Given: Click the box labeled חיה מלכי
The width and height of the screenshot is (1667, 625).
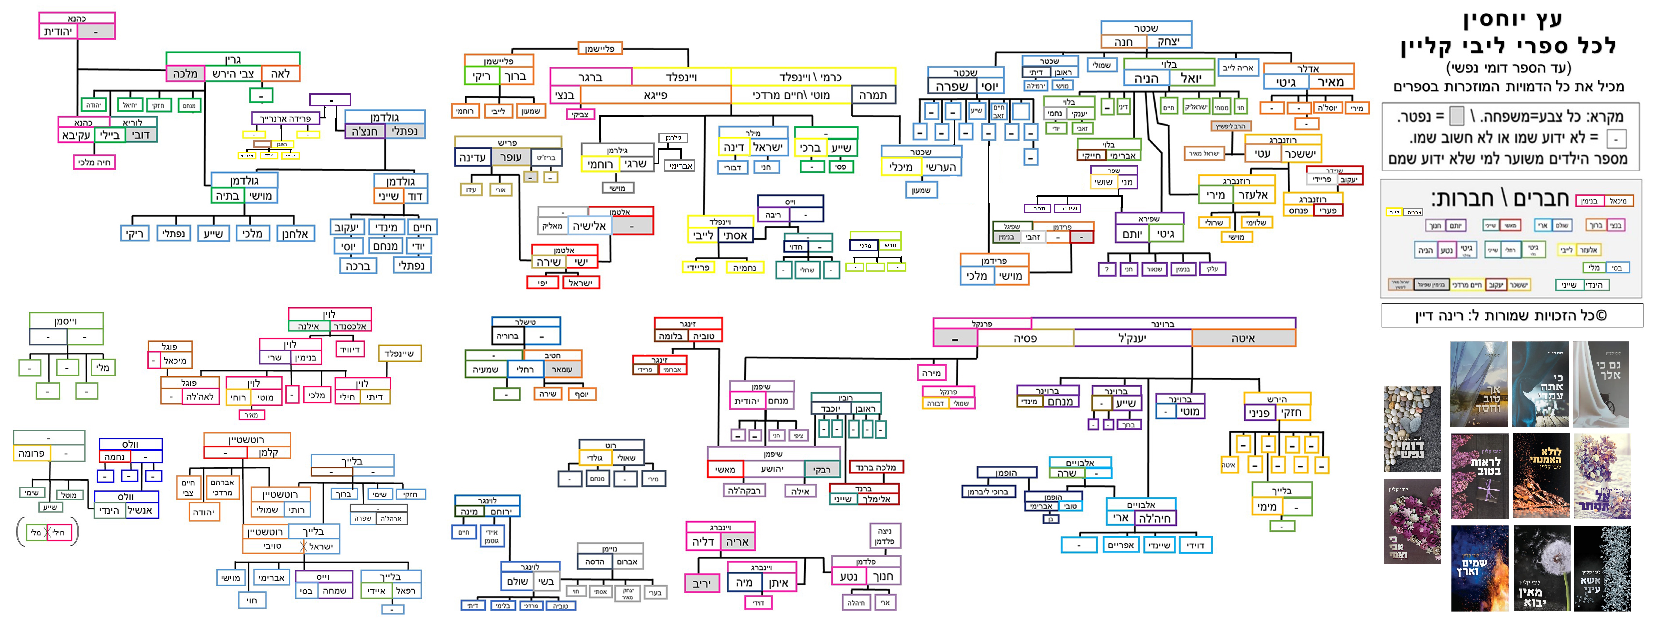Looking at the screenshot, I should tap(95, 162).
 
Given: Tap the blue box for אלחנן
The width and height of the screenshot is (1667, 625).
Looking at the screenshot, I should tap(295, 234).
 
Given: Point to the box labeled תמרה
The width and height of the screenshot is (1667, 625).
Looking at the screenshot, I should tap(873, 95).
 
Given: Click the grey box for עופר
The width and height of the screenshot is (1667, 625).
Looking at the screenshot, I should tap(511, 157).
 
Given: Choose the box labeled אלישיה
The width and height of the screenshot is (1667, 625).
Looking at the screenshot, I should tap(590, 226).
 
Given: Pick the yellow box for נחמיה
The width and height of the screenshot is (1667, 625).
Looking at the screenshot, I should tap(744, 267).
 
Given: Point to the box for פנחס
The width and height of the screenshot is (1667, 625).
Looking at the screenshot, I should tap(1298, 210).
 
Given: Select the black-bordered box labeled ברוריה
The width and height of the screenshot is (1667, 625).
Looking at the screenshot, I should tap(507, 336).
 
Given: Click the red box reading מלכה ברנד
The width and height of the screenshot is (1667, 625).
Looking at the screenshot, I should tap(876, 467).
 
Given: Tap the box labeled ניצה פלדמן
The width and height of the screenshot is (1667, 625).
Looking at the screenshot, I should tap(885, 536).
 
